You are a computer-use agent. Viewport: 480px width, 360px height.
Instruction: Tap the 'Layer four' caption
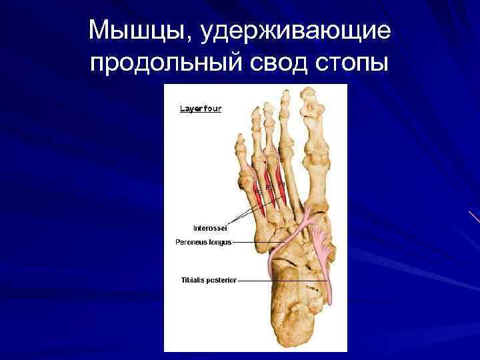201,108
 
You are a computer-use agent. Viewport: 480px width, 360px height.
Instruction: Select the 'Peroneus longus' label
203,242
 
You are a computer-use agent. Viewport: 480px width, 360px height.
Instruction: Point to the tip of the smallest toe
240,138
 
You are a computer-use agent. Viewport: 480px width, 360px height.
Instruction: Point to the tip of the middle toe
268,105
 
